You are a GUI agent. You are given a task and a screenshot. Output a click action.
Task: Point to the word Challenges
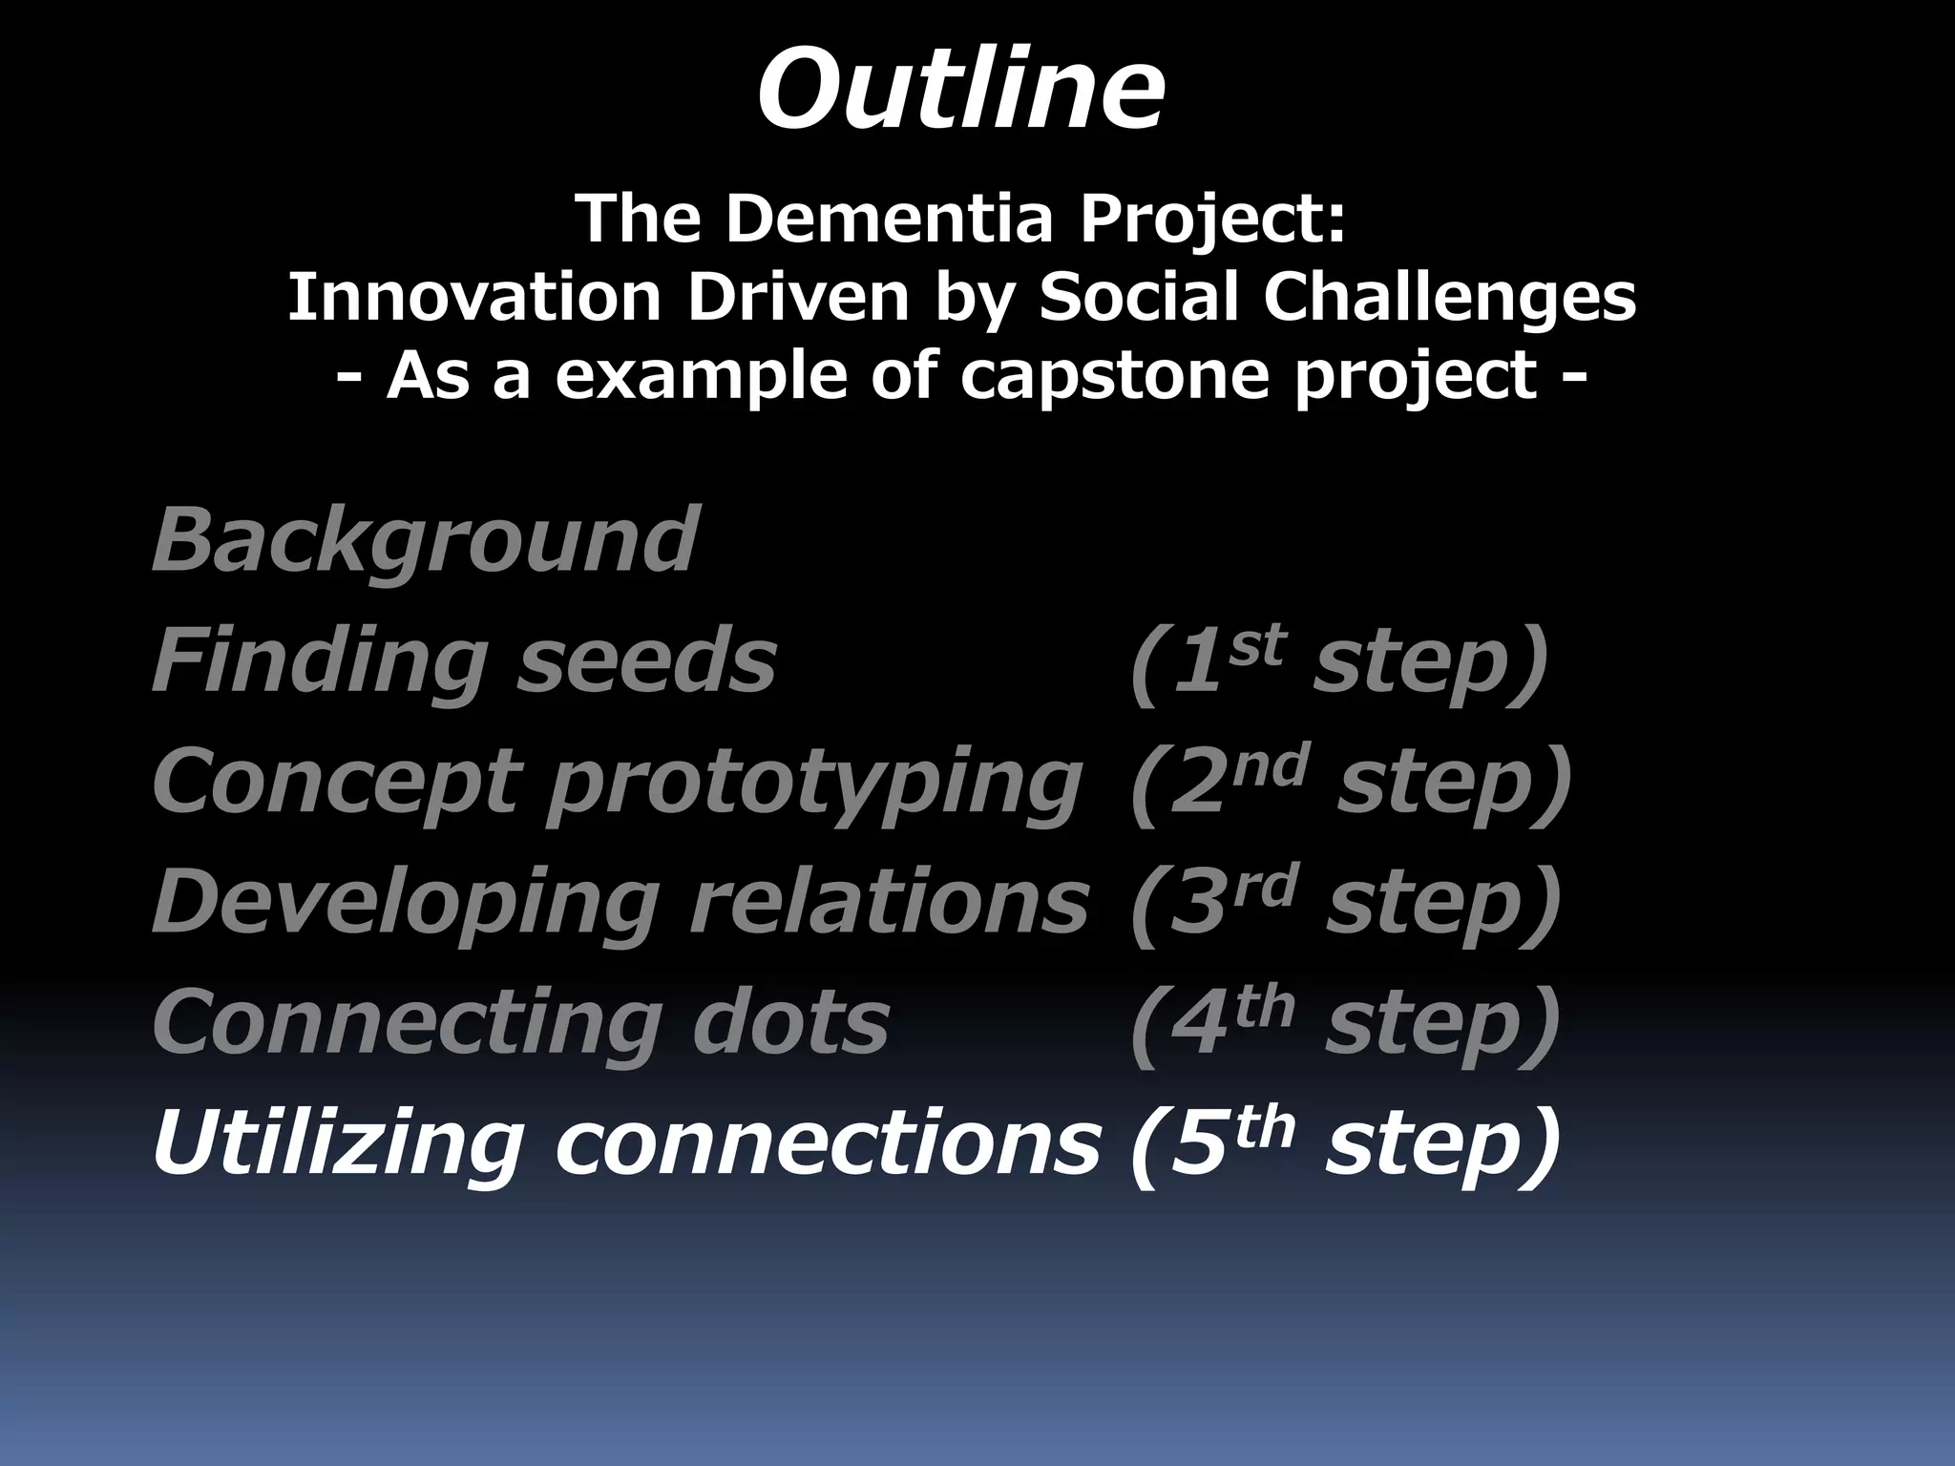tap(1450, 297)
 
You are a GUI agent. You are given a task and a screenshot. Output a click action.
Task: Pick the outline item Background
tap(426, 541)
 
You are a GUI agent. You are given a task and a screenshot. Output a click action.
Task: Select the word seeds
tap(646, 661)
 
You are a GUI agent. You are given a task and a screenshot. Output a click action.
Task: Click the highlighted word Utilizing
tap(338, 1143)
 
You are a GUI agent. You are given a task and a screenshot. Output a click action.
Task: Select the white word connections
tap(828, 1143)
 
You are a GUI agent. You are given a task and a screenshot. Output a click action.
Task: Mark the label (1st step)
tap(1338, 661)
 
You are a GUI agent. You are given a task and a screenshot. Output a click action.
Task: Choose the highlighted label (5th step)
tap(1344, 1143)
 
